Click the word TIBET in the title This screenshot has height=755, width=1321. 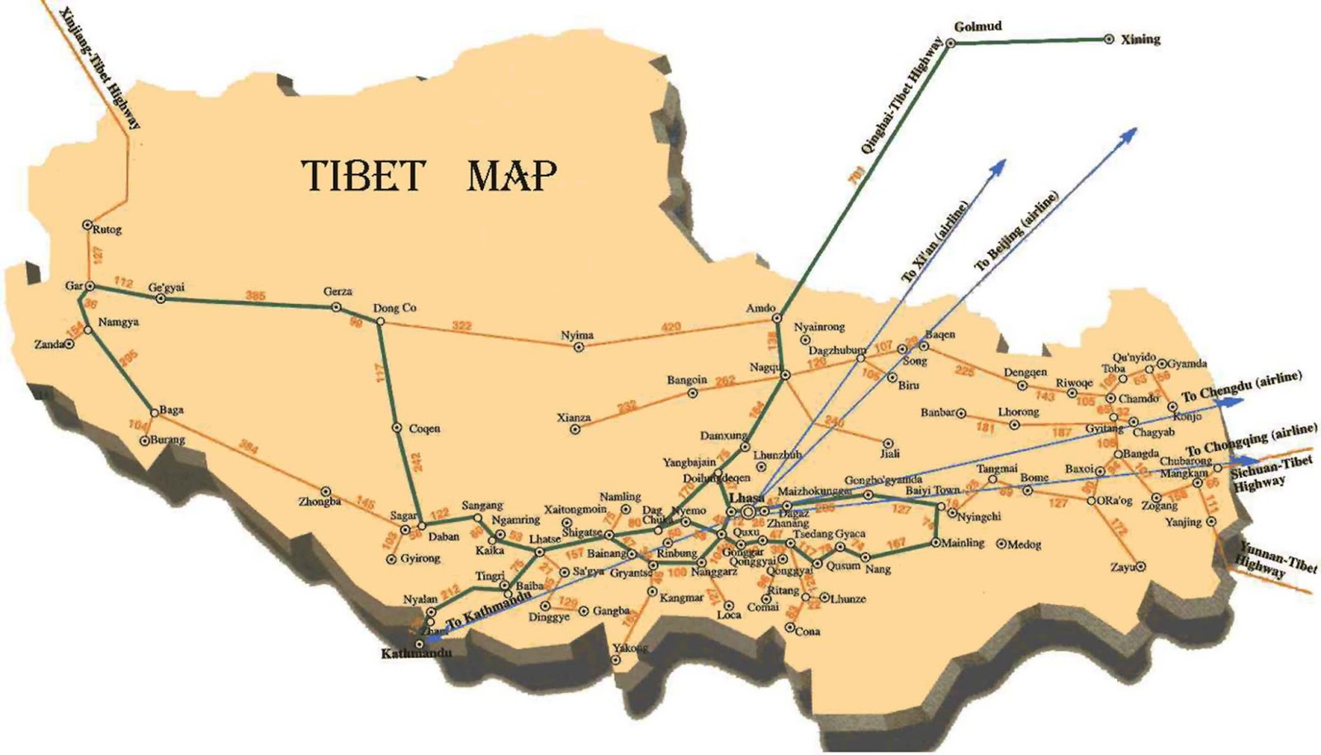(362, 175)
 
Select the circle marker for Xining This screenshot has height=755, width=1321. (1108, 39)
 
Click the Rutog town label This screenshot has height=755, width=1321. (107, 230)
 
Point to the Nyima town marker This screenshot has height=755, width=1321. (579, 347)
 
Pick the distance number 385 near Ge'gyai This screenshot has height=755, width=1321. (257, 295)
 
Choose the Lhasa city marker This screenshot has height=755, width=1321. (748, 512)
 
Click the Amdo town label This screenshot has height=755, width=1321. (760, 308)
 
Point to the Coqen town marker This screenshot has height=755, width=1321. (397, 428)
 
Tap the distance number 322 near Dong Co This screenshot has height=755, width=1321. (462, 326)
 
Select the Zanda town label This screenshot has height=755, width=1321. (49, 344)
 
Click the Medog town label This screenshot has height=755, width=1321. (1025, 544)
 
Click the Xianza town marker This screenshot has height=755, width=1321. (576, 430)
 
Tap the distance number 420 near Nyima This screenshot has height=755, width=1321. (671, 327)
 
